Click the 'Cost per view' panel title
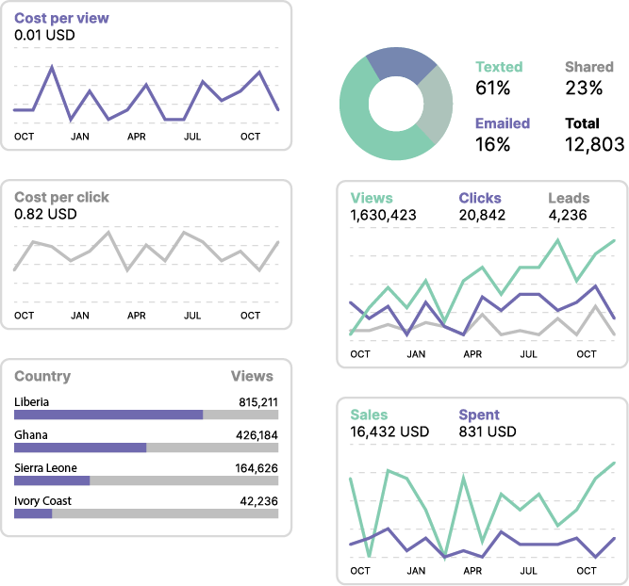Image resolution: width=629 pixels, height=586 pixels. pos(61,19)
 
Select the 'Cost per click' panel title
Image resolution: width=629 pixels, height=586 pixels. pos(61,198)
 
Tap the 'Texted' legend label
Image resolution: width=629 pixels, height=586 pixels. pos(499,67)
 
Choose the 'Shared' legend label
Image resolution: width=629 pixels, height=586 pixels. pos(588,67)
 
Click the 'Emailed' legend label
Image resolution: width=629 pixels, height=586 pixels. pos(502,123)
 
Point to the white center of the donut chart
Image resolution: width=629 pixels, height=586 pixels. pos(395,104)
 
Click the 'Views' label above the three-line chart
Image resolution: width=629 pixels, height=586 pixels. pos(372,198)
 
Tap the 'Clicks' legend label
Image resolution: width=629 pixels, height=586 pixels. pos(480,198)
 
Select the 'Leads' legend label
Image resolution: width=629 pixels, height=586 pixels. pos(569,198)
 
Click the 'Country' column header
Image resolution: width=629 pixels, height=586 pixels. pos(42,376)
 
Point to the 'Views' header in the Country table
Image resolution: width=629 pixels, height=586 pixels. pos(252,376)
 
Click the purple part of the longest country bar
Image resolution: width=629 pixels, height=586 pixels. pos(108,415)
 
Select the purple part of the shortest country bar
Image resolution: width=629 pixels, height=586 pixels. pos(33,513)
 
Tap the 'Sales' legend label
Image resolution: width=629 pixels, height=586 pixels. pos(369,415)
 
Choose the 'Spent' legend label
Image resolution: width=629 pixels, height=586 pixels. pos(479,415)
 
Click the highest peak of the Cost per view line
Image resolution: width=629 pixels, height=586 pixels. pos(52,67)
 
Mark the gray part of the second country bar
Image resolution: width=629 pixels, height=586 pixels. pos(212,448)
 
